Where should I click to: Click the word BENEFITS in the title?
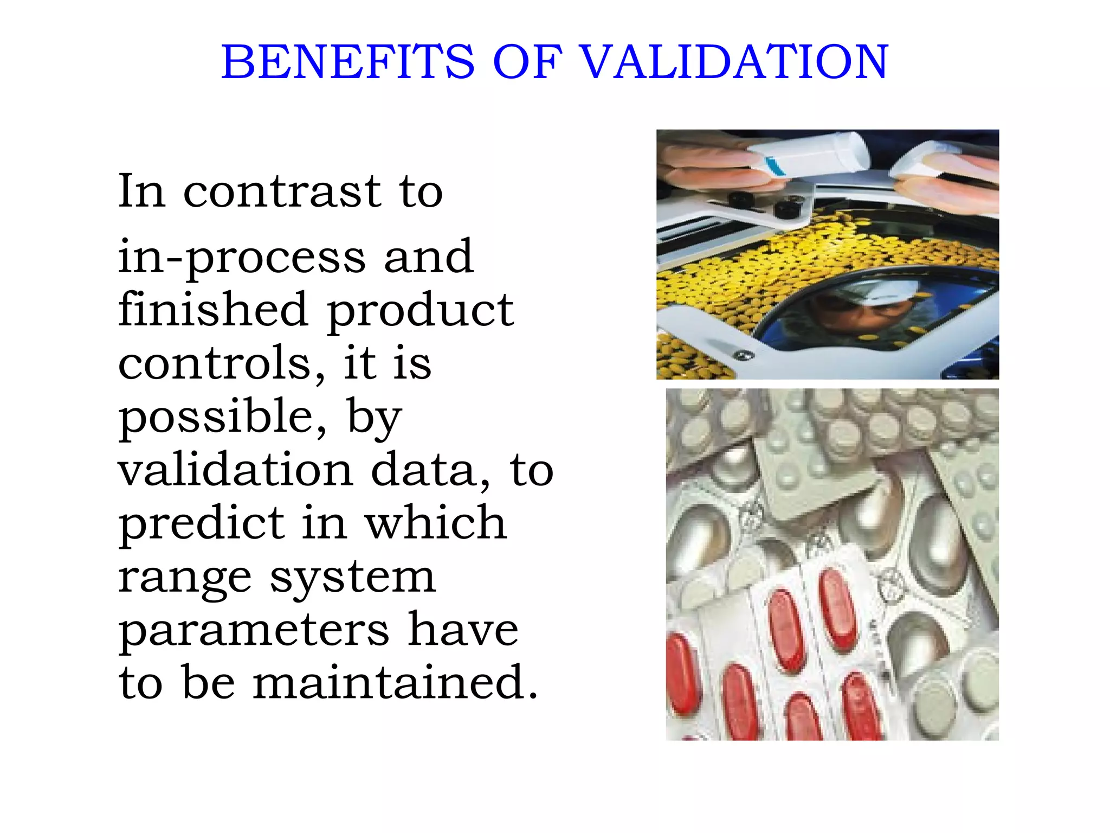tap(347, 62)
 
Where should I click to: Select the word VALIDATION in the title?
tap(734, 62)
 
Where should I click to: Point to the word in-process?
tap(242, 258)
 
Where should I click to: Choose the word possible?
tap(223, 418)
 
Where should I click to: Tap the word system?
tap(353, 578)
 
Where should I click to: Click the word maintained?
tap(396, 682)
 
